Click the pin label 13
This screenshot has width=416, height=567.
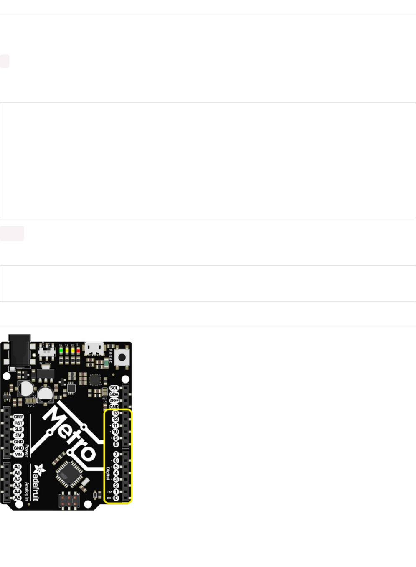coord(115,413)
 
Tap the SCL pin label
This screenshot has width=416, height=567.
coord(114,388)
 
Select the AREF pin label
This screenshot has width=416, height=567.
coord(114,400)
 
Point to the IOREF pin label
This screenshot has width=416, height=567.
coord(18,417)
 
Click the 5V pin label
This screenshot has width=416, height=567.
coord(18,435)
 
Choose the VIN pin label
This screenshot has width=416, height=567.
coord(18,454)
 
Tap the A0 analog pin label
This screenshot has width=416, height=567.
coord(17,467)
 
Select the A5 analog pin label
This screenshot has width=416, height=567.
coord(17,498)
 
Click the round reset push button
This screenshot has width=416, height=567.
coord(122,358)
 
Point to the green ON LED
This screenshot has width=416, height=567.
coord(61,350)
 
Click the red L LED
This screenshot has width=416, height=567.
coord(78,350)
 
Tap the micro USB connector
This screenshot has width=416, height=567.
coord(94,348)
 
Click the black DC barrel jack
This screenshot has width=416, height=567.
coord(20,350)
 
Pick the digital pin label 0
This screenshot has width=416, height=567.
coord(116,498)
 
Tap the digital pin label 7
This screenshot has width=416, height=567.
coord(116,454)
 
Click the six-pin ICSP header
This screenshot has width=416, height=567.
coord(69,500)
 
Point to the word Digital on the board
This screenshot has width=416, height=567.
coord(107,473)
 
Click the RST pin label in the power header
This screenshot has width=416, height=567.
coord(18,423)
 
